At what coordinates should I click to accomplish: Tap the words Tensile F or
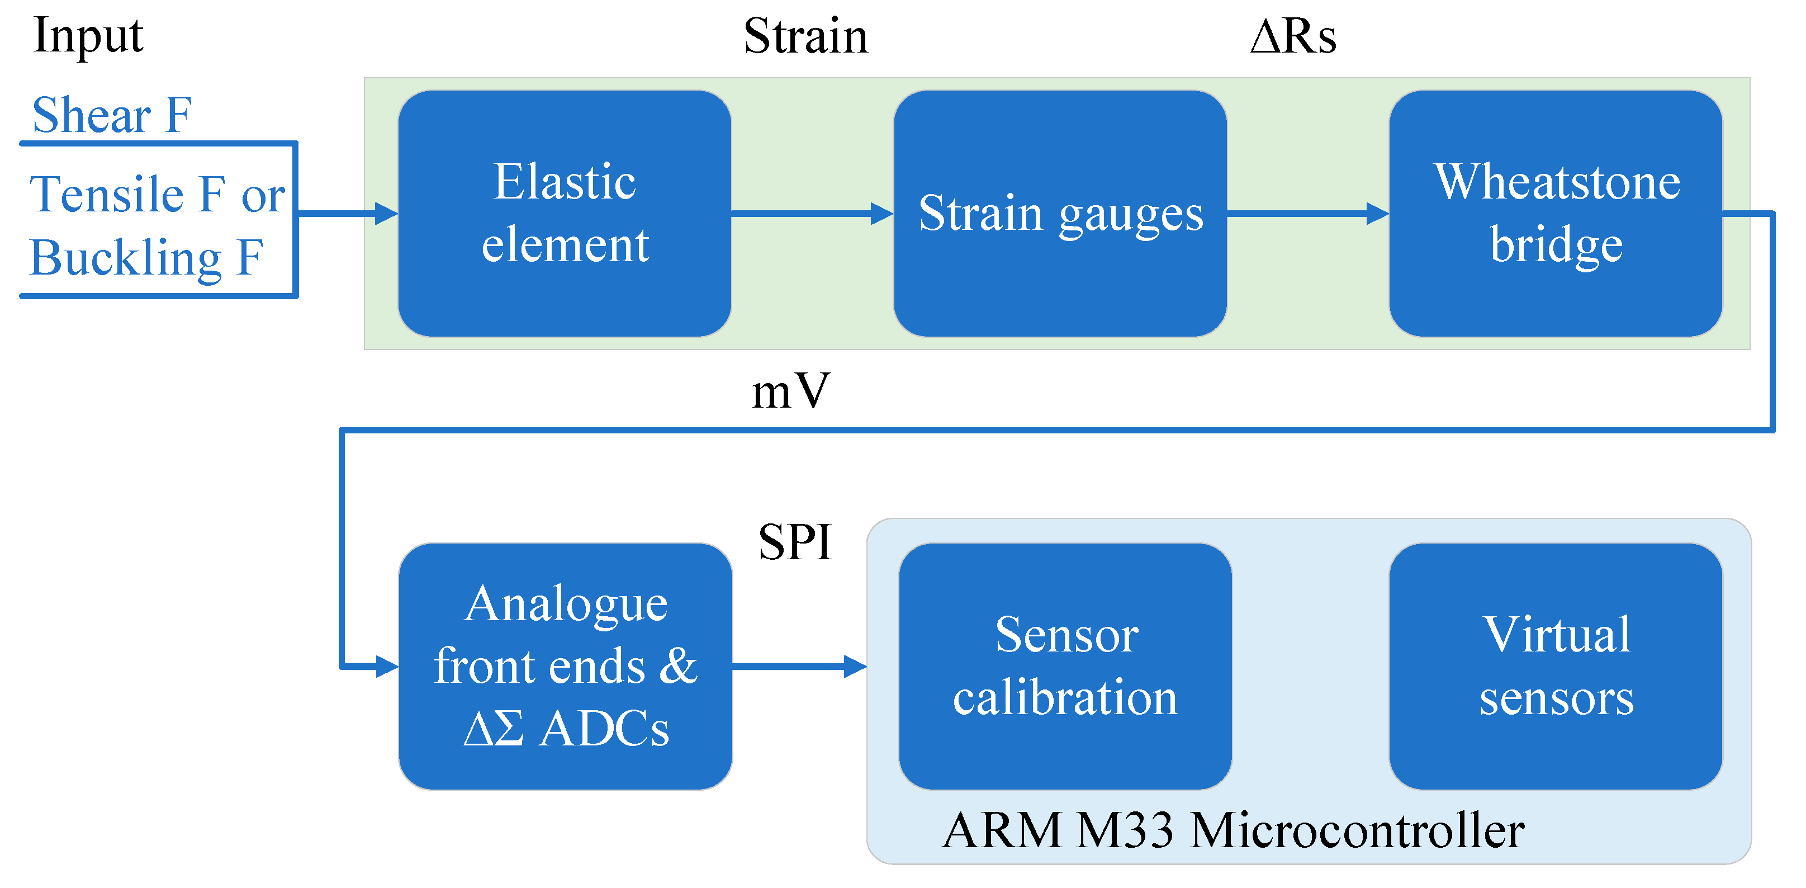point(157,194)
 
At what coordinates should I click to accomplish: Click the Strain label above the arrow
point(805,36)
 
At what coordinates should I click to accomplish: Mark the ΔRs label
point(1293,36)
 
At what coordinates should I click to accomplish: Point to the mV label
point(790,391)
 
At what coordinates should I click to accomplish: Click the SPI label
point(794,542)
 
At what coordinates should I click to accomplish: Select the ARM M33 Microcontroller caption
point(1233,830)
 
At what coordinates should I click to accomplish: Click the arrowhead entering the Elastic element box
point(386,213)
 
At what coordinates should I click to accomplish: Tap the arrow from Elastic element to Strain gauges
point(811,213)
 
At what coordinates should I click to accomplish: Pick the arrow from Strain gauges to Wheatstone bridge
point(1307,213)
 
